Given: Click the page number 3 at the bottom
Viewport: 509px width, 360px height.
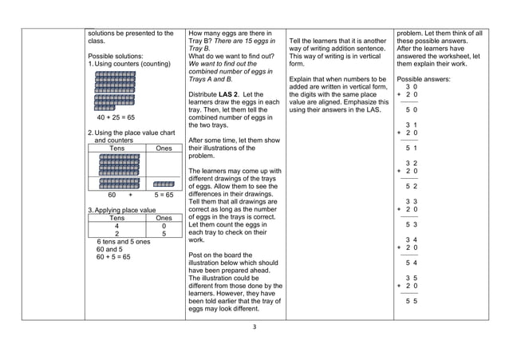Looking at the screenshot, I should [254, 326].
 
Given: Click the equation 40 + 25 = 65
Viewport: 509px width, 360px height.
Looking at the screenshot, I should [115, 117].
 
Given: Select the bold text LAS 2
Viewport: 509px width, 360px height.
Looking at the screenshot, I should [232, 95].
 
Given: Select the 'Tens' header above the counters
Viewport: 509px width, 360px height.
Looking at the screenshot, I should [116, 148].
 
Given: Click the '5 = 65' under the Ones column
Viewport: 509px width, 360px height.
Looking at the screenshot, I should [164, 194].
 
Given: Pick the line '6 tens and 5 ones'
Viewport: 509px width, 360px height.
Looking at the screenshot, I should [123, 241].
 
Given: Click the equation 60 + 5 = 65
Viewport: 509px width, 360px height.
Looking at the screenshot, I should [113, 257].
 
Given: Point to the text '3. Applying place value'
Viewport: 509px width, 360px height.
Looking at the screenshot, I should [122, 210].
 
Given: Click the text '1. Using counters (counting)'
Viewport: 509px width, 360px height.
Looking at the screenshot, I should [130, 64].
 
